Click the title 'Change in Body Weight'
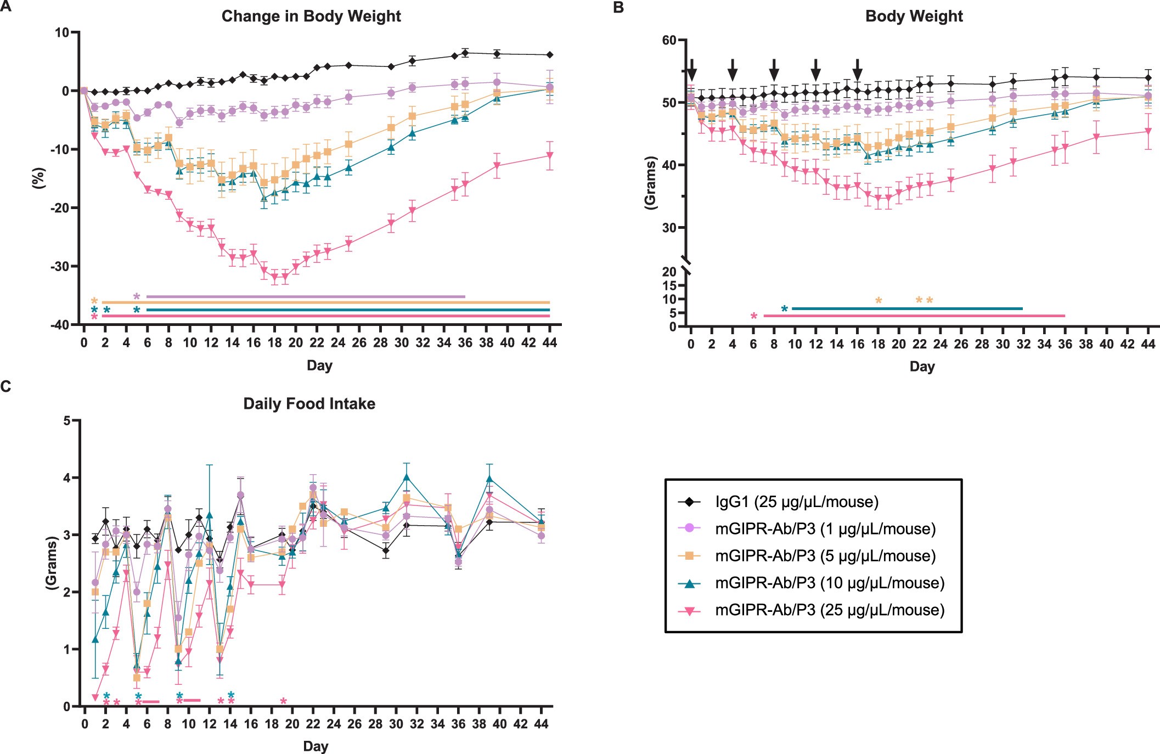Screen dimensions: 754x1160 click(x=311, y=16)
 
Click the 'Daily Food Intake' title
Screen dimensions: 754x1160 click(x=309, y=404)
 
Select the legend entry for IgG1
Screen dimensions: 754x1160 click(x=796, y=502)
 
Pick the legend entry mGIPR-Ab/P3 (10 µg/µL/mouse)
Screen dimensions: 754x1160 click(x=829, y=583)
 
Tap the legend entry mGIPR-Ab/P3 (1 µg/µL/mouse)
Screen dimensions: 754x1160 click(x=825, y=529)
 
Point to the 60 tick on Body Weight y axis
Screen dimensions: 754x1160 click(x=669, y=41)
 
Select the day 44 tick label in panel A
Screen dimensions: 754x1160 click(x=549, y=343)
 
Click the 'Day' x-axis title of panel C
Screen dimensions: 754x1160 click(x=316, y=746)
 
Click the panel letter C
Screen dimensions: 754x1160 click(x=6, y=387)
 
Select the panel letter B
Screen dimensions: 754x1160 click(x=618, y=8)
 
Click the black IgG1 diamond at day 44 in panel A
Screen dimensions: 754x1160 click(x=549, y=55)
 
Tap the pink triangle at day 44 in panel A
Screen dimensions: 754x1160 click(x=549, y=156)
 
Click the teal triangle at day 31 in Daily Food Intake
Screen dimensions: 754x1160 click(x=407, y=477)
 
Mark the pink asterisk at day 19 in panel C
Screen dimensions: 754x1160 click(x=283, y=701)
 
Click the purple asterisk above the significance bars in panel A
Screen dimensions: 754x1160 click(x=137, y=296)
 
